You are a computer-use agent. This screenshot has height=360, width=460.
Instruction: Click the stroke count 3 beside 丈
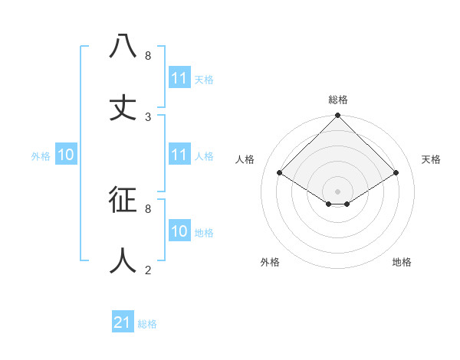click(x=148, y=117)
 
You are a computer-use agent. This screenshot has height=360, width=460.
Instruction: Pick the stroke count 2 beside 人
click(x=148, y=270)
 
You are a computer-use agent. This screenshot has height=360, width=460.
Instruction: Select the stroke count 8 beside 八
click(x=148, y=56)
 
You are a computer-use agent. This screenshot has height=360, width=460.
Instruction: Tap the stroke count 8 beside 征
click(x=148, y=208)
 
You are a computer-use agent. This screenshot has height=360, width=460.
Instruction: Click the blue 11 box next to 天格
click(x=179, y=78)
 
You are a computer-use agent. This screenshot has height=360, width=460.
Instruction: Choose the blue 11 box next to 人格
click(x=179, y=155)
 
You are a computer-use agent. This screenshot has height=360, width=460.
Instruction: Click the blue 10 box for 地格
click(x=179, y=231)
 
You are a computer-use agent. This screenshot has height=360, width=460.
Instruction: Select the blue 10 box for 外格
click(x=66, y=155)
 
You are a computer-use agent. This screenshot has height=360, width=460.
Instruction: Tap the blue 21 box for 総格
click(x=123, y=322)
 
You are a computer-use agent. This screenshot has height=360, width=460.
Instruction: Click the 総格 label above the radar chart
click(x=338, y=100)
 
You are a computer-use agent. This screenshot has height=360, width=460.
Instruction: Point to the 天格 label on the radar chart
click(x=432, y=159)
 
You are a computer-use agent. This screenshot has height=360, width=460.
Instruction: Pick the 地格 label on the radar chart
click(x=402, y=262)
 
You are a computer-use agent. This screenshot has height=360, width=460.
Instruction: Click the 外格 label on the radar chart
click(x=270, y=262)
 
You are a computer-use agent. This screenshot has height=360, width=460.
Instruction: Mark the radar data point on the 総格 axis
click(x=337, y=116)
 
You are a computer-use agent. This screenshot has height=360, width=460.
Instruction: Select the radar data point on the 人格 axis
click(x=280, y=173)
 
